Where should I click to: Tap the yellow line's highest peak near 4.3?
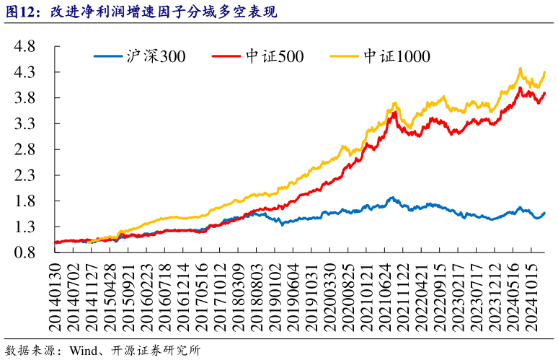[521, 69]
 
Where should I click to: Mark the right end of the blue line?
[544, 213]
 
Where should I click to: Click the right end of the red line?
[544, 93]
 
